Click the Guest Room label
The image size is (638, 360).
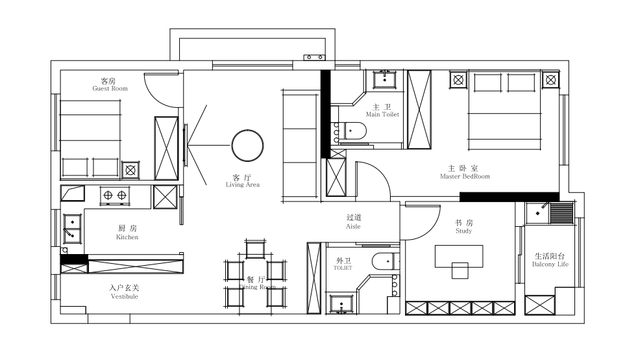coord(110,88)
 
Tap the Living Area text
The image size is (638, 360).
coord(243,185)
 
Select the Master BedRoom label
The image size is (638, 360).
coord(465,176)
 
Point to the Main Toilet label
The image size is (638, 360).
coord(382,114)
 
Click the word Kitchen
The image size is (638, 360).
coord(127,237)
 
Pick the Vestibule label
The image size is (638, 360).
coord(125,296)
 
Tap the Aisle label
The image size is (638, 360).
coord(353,226)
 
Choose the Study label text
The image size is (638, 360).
coord(464,231)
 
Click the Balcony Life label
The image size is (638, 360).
coord(550,264)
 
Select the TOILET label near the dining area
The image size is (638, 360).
coord(343,268)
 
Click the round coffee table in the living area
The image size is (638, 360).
coord(247,146)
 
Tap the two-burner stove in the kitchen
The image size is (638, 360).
coord(115,196)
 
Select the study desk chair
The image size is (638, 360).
coord(460,271)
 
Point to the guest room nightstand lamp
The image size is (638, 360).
coord(130,170)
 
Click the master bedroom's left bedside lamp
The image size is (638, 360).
coord(459,80)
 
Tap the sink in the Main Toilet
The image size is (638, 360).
coord(385,79)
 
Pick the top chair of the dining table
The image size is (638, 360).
coord(256,249)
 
